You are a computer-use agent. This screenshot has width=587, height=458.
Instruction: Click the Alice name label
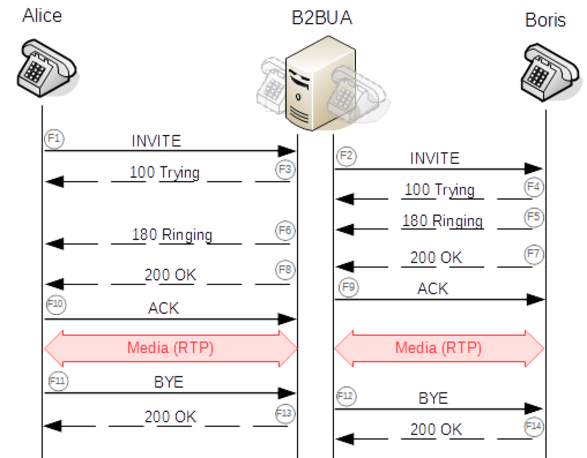click(x=42, y=16)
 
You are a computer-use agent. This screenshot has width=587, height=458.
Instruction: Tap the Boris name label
click(x=545, y=20)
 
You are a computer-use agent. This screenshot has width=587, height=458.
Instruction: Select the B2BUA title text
click(x=322, y=18)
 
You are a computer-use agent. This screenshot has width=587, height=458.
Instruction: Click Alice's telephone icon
click(x=47, y=68)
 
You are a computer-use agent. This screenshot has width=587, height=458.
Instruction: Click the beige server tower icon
click(x=321, y=83)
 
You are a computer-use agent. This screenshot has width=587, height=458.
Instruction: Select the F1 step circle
click(x=54, y=139)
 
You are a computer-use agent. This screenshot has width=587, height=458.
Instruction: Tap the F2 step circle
click(x=346, y=156)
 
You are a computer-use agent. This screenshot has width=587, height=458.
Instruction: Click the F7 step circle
click(x=534, y=254)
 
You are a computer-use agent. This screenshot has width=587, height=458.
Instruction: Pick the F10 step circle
click(x=56, y=305)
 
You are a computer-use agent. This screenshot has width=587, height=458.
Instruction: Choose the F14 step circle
click(x=534, y=427)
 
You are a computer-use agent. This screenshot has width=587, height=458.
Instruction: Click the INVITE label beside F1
click(x=156, y=141)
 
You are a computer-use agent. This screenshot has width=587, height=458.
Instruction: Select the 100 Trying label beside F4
click(x=439, y=190)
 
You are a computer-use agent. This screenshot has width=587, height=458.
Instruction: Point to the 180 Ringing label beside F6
click(x=172, y=234)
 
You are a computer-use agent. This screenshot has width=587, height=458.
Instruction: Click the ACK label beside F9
click(x=433, y=289)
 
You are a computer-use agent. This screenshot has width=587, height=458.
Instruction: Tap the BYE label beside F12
click(x=433, y=398)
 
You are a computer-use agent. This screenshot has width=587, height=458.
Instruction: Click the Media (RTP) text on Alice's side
click(x=170, y=348)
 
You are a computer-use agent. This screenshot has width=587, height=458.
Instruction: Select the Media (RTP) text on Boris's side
click(x=438, y=348)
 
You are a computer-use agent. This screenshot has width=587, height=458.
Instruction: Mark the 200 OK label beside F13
click(x=171, y=417)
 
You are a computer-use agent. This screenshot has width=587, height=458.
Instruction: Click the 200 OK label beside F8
click(x=171, y=275)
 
